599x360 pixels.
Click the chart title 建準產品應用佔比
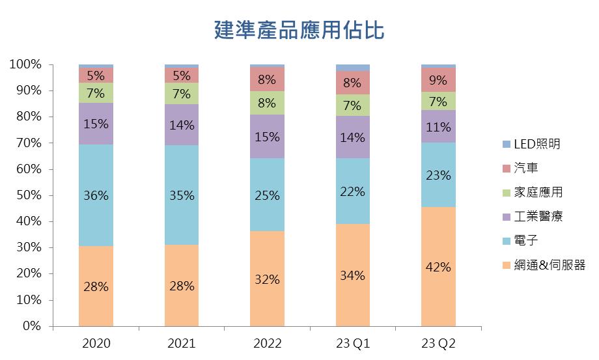coord(299,30)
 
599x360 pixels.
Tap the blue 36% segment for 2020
coord(96,195)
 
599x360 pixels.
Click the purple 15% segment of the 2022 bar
coord(267,137)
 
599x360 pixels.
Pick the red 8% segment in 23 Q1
coord(352,82)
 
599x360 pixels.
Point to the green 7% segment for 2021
coord(181,94)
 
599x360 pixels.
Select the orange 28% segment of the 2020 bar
coord(96,286)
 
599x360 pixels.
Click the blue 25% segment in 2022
coord(267,195)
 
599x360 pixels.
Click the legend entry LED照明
coord(536,144)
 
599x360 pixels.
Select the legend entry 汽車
coord(526,168)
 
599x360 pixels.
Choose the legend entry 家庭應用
coord(538,192)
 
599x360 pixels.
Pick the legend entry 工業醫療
coord(538,216)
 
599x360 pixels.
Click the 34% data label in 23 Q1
coord(352,275)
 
